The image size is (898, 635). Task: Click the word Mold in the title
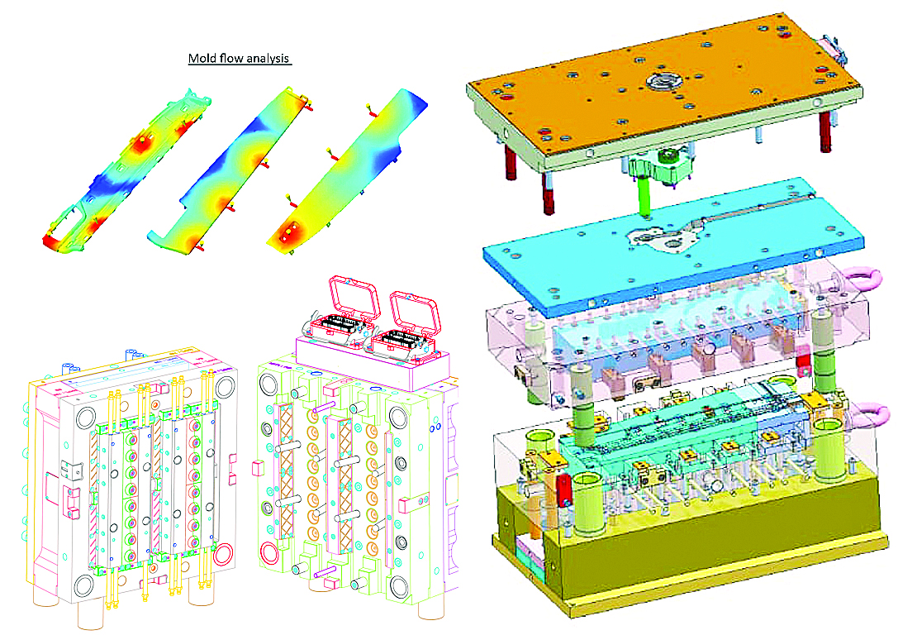coord(202,58)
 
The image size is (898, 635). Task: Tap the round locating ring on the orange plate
coord(664,79)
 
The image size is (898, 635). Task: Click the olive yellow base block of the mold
coord(687,533)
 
